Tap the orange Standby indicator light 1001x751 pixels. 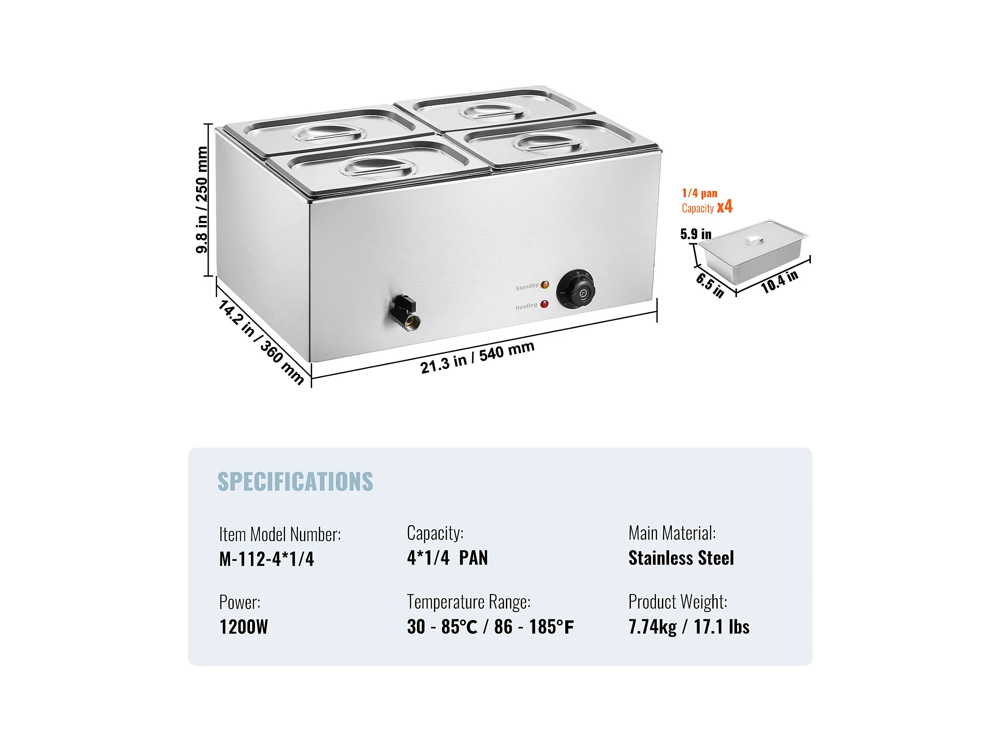point(545,285)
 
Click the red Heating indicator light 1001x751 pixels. point(545,304)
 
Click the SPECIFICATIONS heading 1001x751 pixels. point(295,481)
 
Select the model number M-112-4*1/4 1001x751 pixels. point(267,559)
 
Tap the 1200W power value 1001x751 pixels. point(243,627)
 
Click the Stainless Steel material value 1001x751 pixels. point(681,558)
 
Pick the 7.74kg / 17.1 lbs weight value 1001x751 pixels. point(689,627)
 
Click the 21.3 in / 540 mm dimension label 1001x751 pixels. point(478,358)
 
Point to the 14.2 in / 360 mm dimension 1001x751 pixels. point(261,342)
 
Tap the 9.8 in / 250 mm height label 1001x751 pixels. point(202,200)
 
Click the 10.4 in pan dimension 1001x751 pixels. point(779,282)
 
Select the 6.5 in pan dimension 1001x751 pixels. point(710,285)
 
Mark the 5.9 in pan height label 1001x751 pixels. point(696,234)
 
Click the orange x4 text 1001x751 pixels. point(724,207)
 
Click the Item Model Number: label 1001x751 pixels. point(280,535)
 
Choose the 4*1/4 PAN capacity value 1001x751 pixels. point(447,558)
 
